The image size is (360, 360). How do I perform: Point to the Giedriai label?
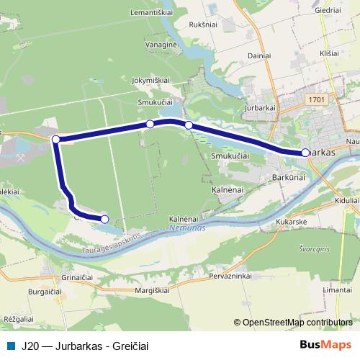pyautogui.click(x=327, y=12)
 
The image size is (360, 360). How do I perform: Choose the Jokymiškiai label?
pyautogui.click(x=150, y=81)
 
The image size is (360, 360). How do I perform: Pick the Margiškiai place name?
pyautogui.click(x=150, y=290)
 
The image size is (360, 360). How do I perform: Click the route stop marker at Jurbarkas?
pyautogui.click(x=305, y=153)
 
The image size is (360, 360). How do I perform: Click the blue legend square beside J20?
pyautogui.click(x=9, y=345)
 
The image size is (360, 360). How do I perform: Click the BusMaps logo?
pyautogui.click(x=320, y=345)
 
